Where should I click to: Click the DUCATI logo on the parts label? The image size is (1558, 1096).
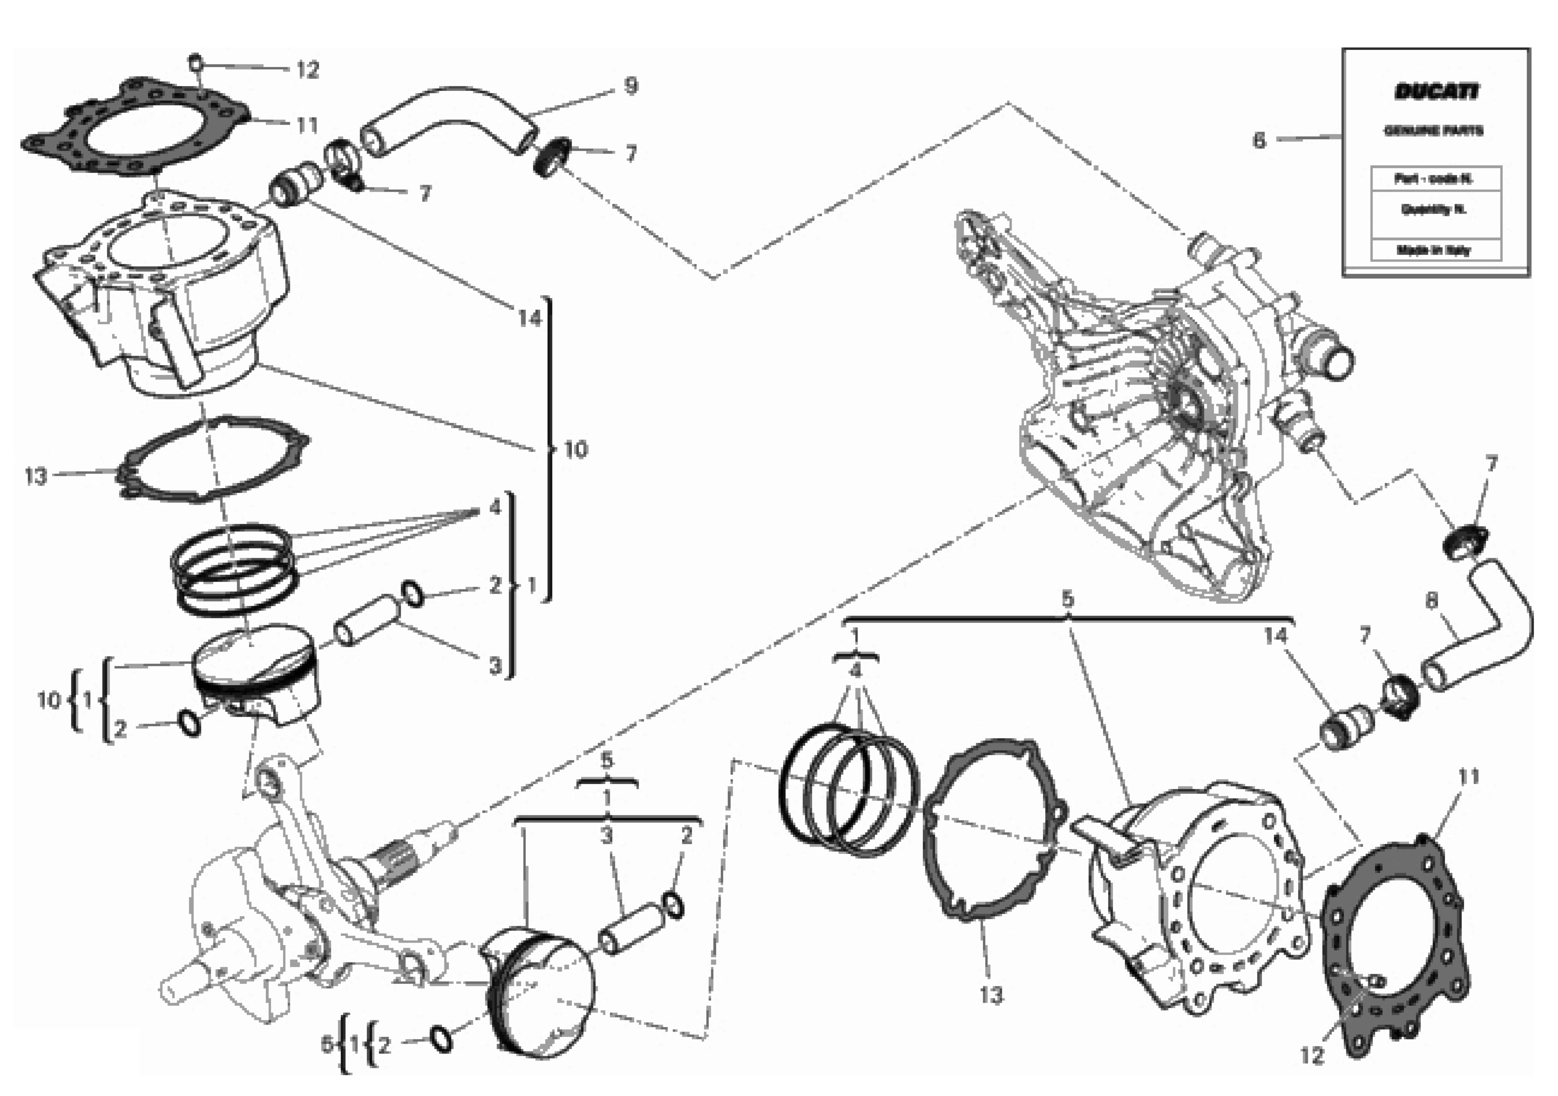point(1436,92)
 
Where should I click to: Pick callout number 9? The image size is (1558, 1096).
point(630,86)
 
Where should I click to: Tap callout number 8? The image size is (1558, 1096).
point(1431,601)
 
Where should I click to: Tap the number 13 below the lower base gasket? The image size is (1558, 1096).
point(991,996)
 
